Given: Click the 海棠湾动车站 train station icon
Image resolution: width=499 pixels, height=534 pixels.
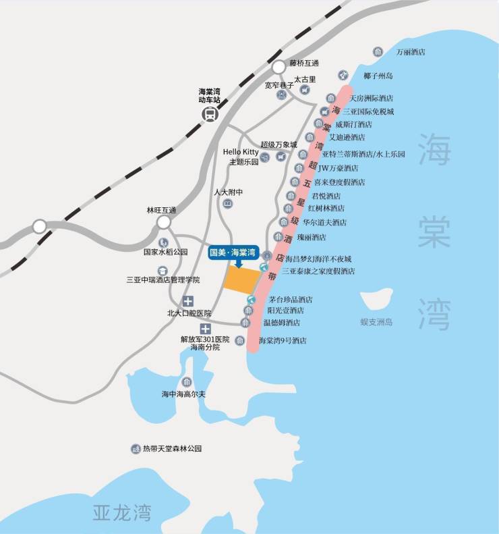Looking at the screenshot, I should click(210, 114).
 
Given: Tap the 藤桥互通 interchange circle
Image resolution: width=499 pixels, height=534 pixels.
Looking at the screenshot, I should click(279, 68).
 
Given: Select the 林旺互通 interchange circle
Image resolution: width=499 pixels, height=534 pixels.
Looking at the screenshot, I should click(164, 222).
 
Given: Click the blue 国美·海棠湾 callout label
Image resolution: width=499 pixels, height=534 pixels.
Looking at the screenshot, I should click(233, 253).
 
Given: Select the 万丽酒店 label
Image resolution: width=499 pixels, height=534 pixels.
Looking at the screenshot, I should click(410, 52).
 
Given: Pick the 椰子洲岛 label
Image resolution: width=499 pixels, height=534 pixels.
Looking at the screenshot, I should click(378, 76).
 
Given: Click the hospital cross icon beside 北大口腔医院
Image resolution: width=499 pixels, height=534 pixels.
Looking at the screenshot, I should click(187, 301).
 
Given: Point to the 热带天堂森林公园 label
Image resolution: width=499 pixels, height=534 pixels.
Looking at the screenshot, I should click(172, 448).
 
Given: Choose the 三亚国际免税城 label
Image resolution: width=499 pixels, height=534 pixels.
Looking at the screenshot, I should click(368, 111).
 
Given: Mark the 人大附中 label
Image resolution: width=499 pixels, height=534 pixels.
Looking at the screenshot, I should click(228, 192).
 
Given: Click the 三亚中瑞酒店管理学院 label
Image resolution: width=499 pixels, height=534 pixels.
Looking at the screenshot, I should click(163, 279).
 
